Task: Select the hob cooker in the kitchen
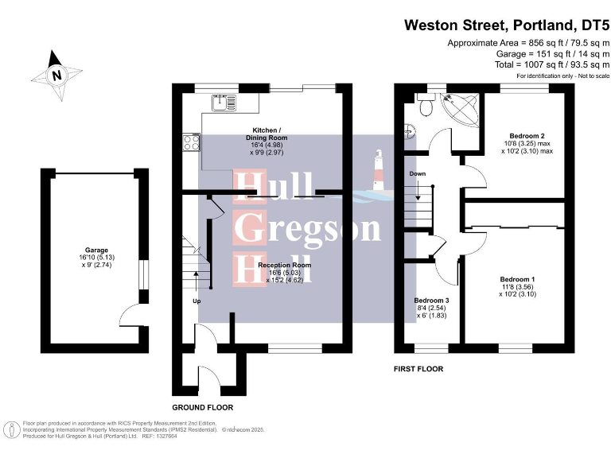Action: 192,143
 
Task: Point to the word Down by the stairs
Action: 418,173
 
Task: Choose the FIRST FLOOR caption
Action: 418,369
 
